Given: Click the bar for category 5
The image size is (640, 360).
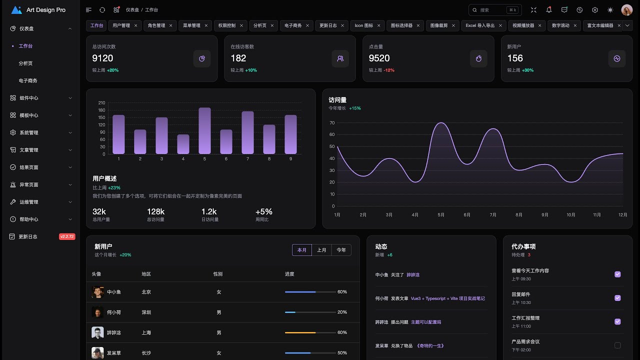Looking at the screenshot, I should tap(204, 130).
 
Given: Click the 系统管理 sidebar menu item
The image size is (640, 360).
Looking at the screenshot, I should tap(29, 132).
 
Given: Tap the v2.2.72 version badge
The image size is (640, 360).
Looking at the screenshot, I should tap(67, 236).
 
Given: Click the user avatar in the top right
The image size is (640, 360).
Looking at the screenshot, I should tap(626, 10).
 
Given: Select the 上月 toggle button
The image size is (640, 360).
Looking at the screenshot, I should tap(321, 250).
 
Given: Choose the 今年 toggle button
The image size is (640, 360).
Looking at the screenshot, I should tap(341, 250).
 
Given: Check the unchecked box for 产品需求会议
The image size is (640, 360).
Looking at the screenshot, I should tap(617, 345).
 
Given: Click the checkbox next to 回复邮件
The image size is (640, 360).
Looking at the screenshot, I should tap(617, 298).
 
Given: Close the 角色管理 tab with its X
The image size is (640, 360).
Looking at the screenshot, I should tap(170, 25).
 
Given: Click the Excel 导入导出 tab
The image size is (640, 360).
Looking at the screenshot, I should tap(480, 25).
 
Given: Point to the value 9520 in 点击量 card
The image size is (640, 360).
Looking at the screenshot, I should tap(379, 58).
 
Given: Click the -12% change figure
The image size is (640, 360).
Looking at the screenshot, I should tap(388, 70).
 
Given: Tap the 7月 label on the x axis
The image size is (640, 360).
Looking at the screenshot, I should tap(493, 215).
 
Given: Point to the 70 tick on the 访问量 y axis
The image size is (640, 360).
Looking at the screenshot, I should tap(332, 123).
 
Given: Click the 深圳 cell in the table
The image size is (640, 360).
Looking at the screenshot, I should tap(146, 312).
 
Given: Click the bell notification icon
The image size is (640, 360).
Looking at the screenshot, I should tap(549, 10).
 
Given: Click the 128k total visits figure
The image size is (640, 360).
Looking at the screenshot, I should tap(155, 212).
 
